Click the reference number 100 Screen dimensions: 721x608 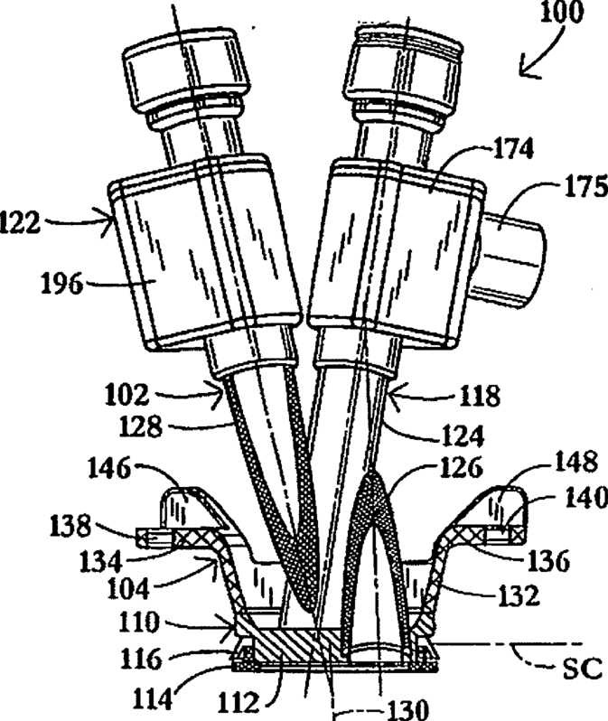click(563, 16)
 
